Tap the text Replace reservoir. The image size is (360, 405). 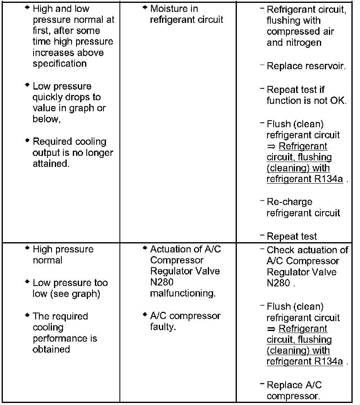(x=306, y=66)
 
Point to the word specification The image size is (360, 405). (x=60, y=64)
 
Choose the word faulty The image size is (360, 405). (x=163, y=327)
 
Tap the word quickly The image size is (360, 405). (x=46, y=97)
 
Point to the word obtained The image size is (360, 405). (x=51, y=349)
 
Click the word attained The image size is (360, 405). (x=50, y=164)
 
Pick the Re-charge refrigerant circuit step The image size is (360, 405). (x=303, y=207)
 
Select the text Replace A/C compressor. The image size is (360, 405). (x=294, y=391)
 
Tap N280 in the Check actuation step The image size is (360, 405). (x=279, y=283)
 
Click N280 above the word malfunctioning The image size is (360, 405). (x=162, y=282)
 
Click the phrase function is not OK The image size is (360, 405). (x=306, y=101)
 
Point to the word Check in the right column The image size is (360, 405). (x=281, y=250)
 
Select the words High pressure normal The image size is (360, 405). (x=63, y=254)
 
